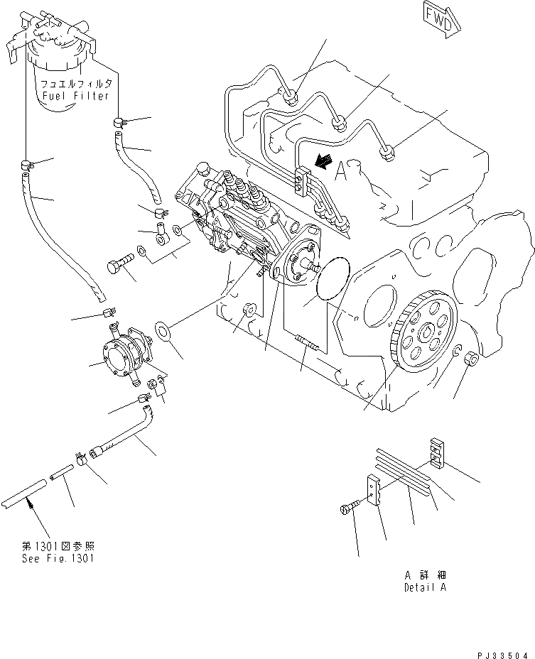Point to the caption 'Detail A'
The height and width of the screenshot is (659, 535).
point(426,588)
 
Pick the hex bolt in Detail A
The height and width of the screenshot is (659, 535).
point(350,507)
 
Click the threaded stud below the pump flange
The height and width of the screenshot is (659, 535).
point(307,347)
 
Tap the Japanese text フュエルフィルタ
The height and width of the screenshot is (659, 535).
point(74,84)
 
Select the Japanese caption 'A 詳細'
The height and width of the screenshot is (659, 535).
point(426,574)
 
